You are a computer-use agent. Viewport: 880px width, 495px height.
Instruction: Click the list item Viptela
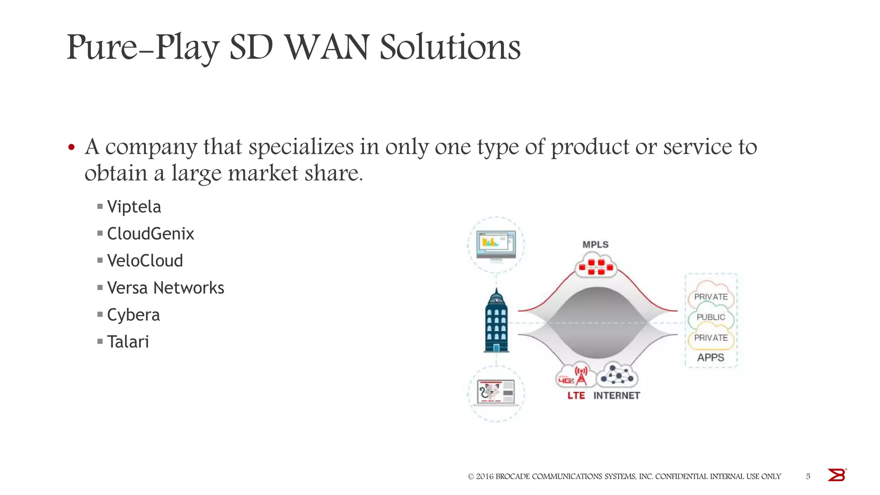tap(134, 207)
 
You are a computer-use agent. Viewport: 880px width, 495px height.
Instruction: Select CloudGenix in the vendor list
tap(150, 234)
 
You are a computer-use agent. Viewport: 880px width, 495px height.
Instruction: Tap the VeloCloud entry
tap(145, 261)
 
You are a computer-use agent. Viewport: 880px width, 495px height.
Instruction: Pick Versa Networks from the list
tap(165, 288)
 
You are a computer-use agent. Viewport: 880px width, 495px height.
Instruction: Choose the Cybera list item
tap(133, 315)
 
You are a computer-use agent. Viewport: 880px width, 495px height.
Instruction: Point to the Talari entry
tap(128, 342)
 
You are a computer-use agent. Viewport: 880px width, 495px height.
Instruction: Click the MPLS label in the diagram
tap(596, 244)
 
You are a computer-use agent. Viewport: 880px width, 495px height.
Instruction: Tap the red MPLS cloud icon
tap(596, 266)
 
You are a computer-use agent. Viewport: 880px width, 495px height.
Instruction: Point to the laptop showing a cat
tap(496, 392)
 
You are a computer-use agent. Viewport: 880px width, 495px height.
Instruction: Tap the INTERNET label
tap(617, 396)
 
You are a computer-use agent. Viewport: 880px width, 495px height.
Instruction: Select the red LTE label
tap(576, 396)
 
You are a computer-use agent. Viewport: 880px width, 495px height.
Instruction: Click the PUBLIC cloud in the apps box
tap(711, 318)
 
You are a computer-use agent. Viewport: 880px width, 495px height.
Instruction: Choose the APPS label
tap(711, 357)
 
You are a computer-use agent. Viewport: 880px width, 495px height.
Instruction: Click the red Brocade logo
tap(837, 475)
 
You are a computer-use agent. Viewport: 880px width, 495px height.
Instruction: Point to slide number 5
tap(808, 477)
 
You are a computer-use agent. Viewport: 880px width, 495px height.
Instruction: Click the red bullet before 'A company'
tap(72, 148)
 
